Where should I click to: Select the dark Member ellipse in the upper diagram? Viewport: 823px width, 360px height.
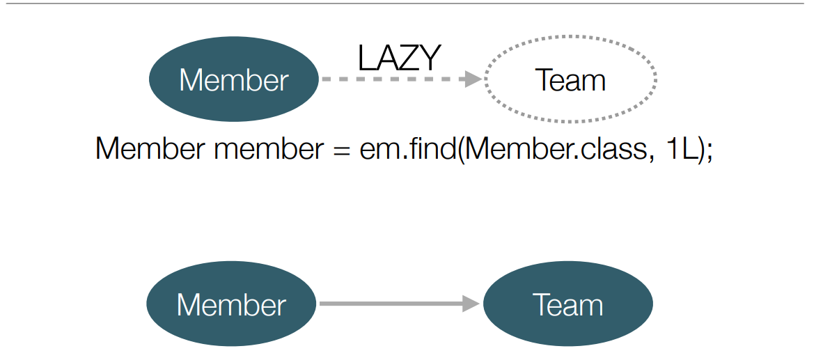point(233,79)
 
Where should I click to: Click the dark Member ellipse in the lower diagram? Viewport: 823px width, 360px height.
point(231,304)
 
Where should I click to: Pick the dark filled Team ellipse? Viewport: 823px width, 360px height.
point(568,304)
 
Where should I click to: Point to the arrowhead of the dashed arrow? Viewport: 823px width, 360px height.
point(474,79)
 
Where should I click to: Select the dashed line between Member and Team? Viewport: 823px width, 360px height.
point(393,79)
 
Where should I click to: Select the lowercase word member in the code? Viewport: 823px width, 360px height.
point(269,150)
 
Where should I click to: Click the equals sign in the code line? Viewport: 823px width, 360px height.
point(342,150)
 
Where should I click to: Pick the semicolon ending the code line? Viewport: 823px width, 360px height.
point(709,152)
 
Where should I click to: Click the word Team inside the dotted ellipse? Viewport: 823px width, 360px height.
point(570,80)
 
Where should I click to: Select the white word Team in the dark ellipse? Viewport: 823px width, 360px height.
point(568,305)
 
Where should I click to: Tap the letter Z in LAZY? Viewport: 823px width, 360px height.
point(407,58)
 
